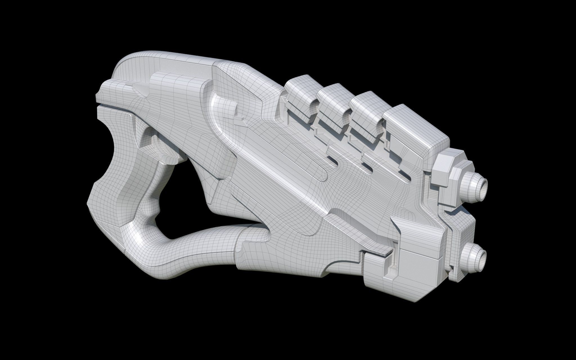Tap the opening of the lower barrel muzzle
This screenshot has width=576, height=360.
(483, 257)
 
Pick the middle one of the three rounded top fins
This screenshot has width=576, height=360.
(332, 104)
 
